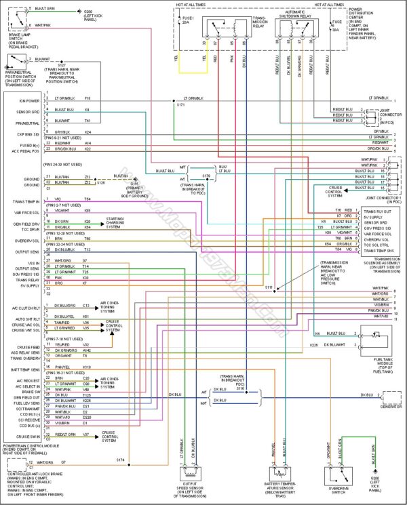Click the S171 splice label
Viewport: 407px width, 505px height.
[180, 105]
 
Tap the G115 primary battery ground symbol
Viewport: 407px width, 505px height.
[134, 183]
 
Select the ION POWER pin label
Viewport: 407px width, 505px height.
[29, 100]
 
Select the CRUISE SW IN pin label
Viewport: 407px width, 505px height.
[29, 436]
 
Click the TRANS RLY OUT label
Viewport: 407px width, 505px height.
[376, 211]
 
